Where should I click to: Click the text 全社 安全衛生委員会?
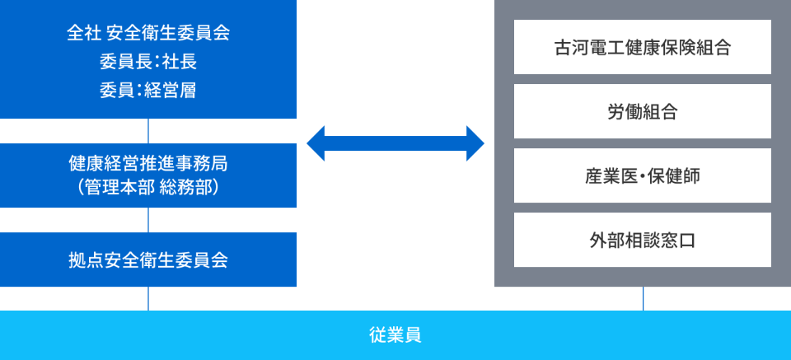[x=148, y=34]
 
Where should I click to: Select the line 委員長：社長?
[x=148, y=62]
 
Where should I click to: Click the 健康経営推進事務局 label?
[x=148, y=163]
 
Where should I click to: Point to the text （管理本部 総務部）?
[x=148, y=187]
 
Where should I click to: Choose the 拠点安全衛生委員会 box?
[x=148, y=259]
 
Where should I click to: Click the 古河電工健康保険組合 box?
[x=643, y=47]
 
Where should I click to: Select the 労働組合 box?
[x=643, y=111]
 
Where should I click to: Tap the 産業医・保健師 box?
[x=643, y=175]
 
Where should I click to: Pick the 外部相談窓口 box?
[x=643, y=240]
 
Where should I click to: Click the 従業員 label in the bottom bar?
[x=395, y=335]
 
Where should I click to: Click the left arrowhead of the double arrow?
[x=318, y=143]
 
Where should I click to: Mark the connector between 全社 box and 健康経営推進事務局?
[x=148, y=131]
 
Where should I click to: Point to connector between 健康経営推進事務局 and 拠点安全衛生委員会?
[x=148, y=220]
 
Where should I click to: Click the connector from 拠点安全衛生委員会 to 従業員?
[x=148, y=298]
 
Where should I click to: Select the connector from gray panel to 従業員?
[x=644, y=298]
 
